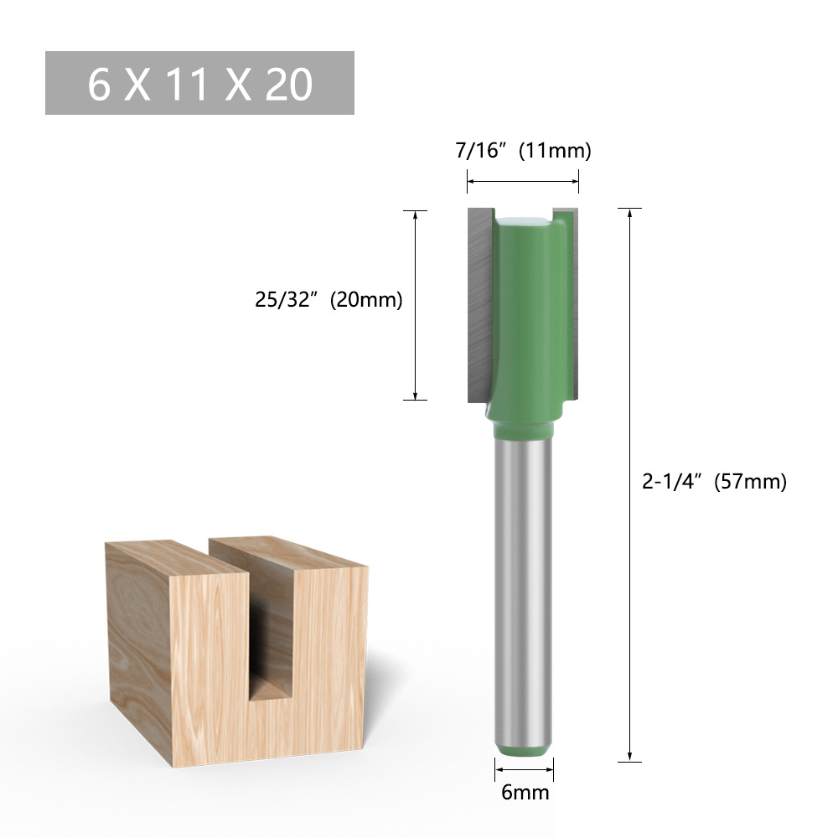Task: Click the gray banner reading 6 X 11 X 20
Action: coord(199,83)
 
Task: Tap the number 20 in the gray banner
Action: coord(289,84)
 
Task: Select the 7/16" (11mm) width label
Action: coord(523,151)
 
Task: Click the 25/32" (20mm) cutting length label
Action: coord(329,299)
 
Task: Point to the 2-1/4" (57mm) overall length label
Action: coord(714,482)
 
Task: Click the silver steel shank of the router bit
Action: coord(524,587)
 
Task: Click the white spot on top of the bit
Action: coord(524,220)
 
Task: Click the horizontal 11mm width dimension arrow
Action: coord(523,180)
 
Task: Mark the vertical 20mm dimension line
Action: coord(416,305)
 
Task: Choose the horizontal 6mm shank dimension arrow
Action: coord(524,768)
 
